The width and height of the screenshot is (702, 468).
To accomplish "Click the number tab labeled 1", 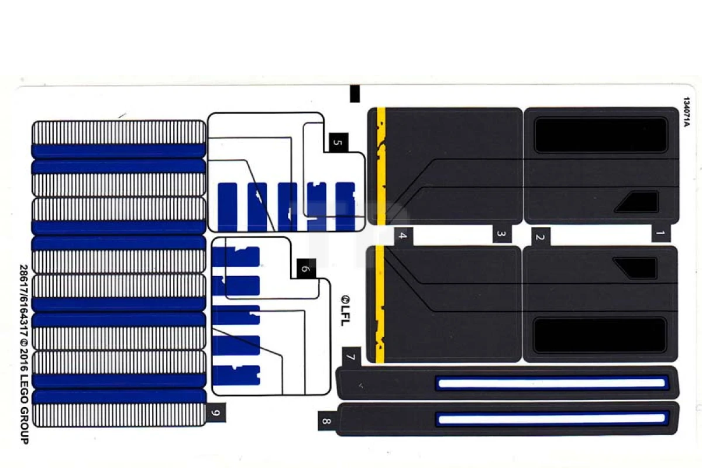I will (x=660, y=234).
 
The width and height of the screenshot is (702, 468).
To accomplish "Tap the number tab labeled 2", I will (x=540, y=236).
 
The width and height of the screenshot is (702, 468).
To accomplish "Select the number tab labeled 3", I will (x=501, y=234).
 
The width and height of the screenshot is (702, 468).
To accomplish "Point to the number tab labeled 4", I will (x=402, y=236).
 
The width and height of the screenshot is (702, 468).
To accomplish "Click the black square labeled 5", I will (x=338, y=143).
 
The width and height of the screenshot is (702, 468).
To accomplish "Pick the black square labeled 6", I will (x=305, y=269).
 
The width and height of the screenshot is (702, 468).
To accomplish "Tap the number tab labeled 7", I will (x=350, y=356).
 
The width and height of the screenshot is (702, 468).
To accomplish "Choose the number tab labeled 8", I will (x=326, y=421).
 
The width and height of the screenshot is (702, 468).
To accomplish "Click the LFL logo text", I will (x=345, y=308).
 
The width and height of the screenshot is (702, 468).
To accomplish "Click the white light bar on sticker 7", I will (x=551, y=383).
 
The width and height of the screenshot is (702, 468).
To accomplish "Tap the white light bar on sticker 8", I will (x=551, y=418).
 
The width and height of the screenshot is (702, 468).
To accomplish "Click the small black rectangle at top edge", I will (x=355, y=94).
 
